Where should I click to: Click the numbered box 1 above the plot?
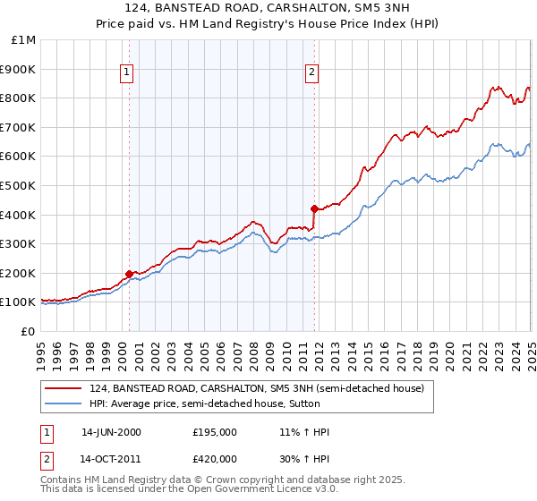coord(127,73)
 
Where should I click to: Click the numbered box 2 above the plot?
coord(312,73)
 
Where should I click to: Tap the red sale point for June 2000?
coord(129,274)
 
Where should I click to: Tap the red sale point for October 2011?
coord(314,208)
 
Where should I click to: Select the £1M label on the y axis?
coord(25,40)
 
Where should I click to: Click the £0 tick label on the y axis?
coord(29,331)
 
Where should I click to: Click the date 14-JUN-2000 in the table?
coord(111,432)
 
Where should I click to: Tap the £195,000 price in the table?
coord(214,432)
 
